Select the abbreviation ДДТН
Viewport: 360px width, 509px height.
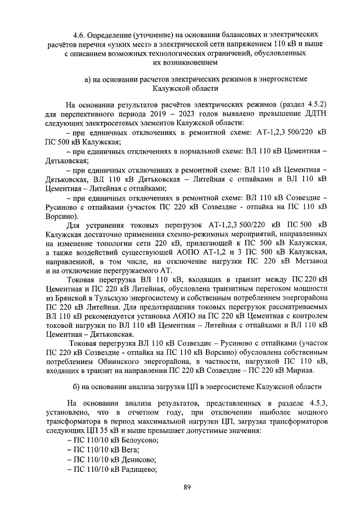pos(311,114)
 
